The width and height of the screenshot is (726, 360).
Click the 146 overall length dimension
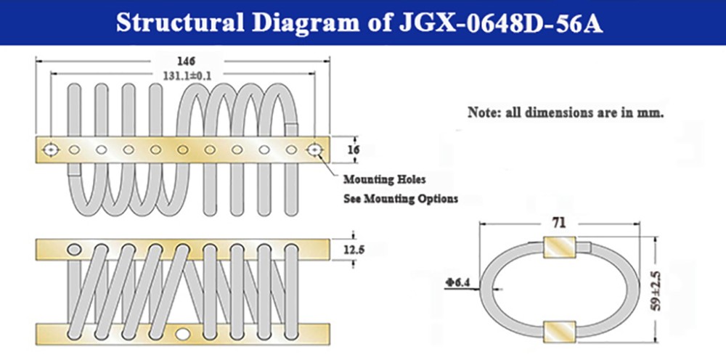[x=186, y=61]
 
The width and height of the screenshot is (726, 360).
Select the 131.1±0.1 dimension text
[x=187, y=76]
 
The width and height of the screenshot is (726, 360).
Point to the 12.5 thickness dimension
[x=355, y=250]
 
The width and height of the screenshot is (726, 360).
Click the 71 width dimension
[x=559, y=223]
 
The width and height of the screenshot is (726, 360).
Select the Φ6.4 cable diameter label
[x=455, y=282]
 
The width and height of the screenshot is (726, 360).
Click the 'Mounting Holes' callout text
[x=384, y=179]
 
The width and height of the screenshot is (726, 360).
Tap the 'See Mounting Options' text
[x=401, y=199]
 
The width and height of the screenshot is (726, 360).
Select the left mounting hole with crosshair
[x=51, y=150]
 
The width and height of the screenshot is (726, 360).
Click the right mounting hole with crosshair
[x=315, y=150]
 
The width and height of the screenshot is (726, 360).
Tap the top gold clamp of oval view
[x=559, y=247]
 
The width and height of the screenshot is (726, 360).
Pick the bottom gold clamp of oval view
[x=559, y=332]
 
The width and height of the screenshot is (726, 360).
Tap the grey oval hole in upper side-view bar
[x=73, y=250]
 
